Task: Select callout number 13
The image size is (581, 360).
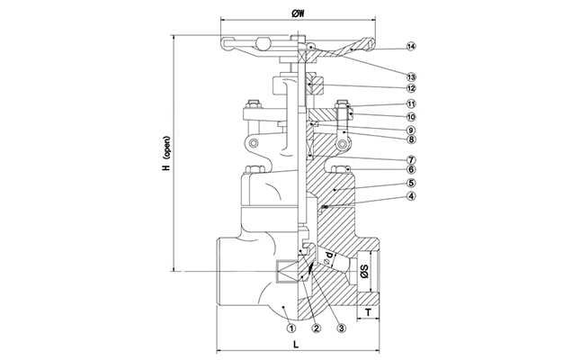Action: coord(387,76)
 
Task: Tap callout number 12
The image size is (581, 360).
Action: coord(387,88)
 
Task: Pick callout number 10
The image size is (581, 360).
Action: coord(387,117)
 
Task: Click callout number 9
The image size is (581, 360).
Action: coord(387,130)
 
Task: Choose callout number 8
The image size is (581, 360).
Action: coord(387,139)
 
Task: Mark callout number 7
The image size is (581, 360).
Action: coord(387,159)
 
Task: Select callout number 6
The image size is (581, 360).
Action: coord(387,169)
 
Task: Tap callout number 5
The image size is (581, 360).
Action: coord(387,183)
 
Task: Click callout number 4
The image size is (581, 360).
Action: coord(387,196)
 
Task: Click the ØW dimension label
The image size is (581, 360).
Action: coord(298,14)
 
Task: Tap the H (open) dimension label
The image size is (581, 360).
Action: coord(165,156)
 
